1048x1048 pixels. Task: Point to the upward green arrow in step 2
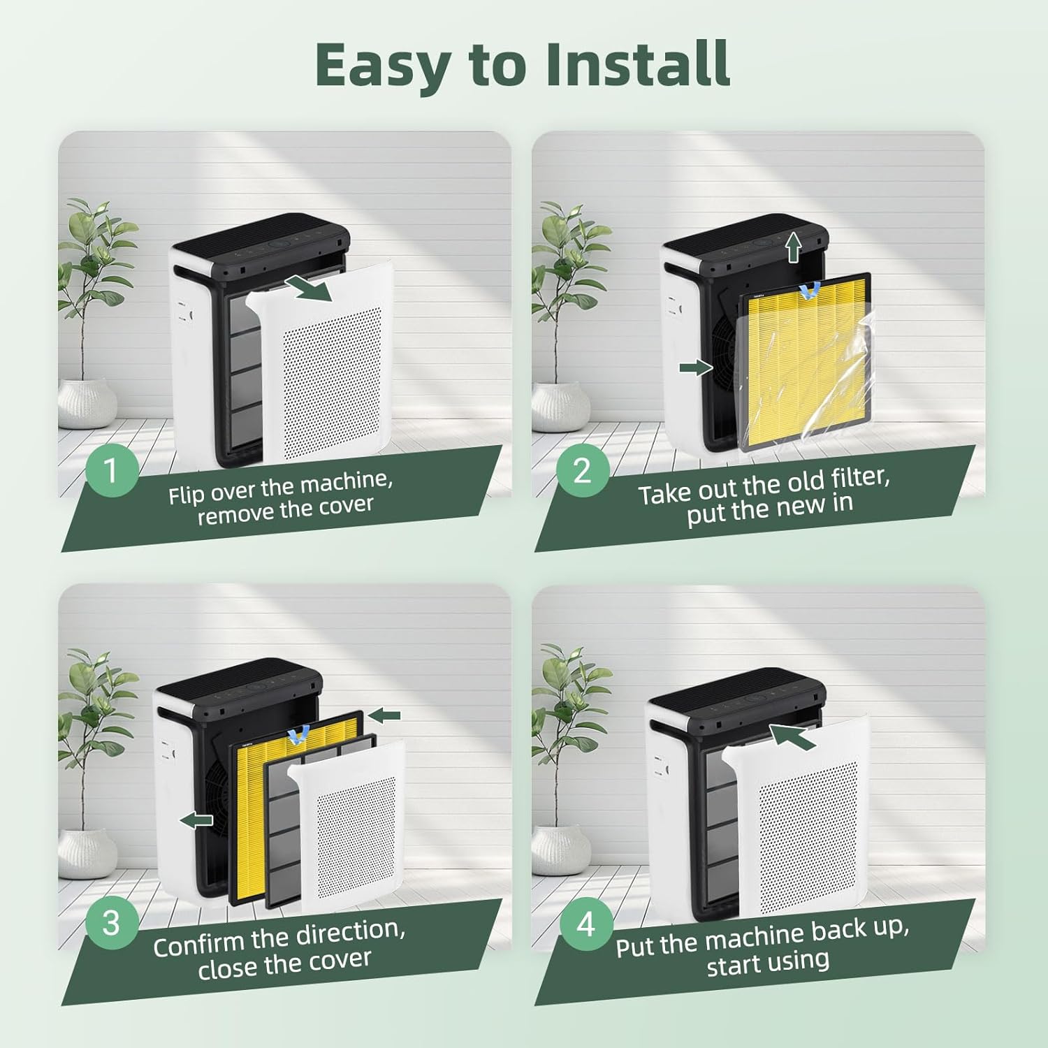pos(792,248)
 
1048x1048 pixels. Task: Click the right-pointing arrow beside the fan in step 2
pos(696,369)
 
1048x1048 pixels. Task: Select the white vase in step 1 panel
pos(87,404)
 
